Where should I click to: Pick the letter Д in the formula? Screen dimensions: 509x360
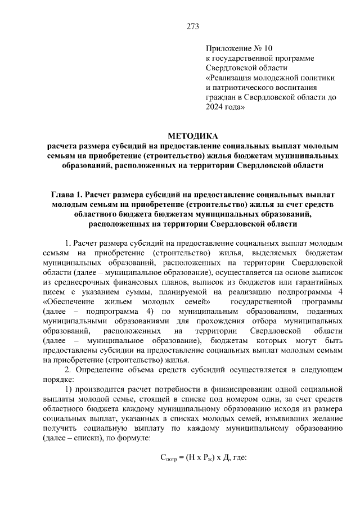coord(222,457)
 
